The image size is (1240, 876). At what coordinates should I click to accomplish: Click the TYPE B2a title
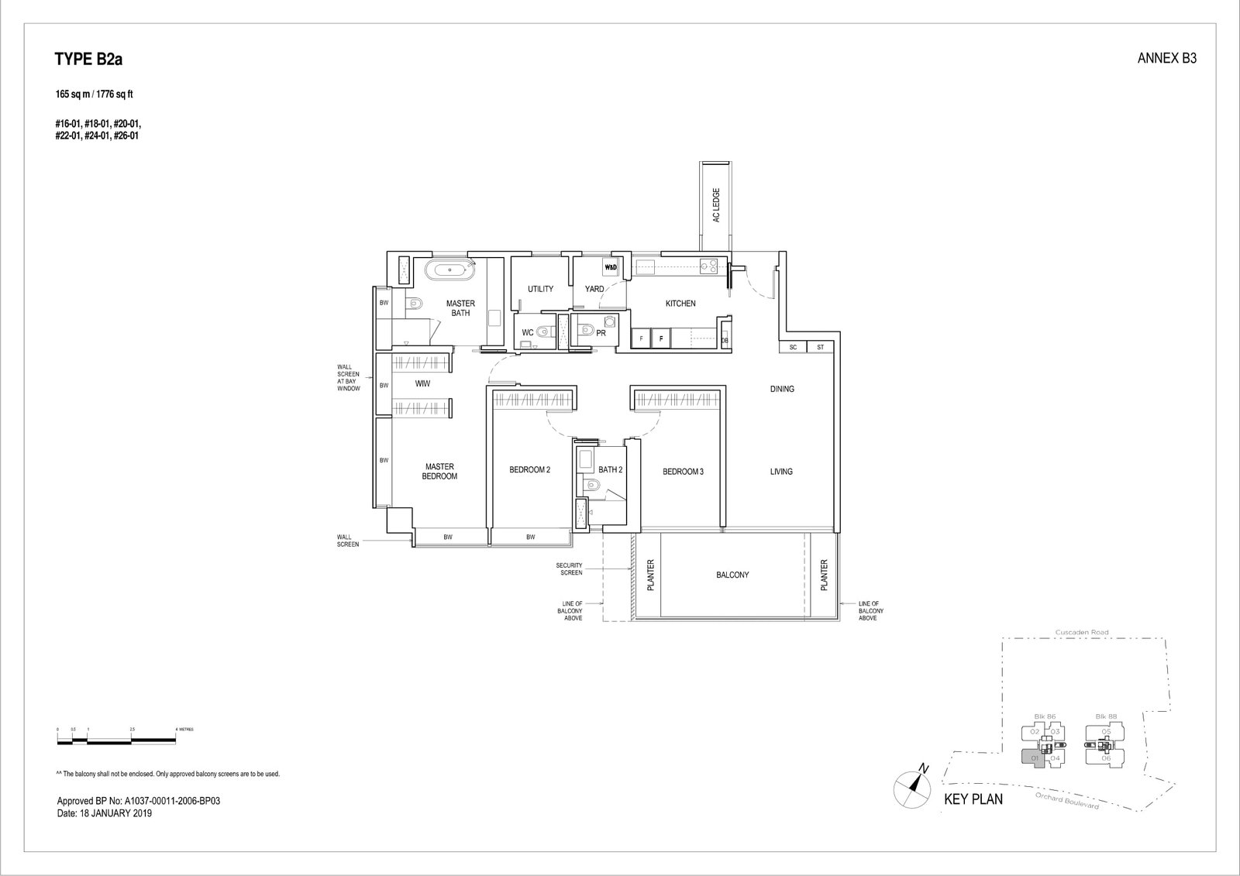tap(88, 60)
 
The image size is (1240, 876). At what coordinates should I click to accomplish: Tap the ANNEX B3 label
tap(1166, 59)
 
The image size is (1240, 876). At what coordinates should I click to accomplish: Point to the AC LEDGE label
tap(716, 205)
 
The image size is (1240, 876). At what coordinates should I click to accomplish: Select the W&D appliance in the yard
tap(610, 268)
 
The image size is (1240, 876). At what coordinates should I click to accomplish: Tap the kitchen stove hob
tap(708, 267)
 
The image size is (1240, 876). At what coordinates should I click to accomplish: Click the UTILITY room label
tap(540, 289)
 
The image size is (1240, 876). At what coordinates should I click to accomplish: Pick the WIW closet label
tap(422, 383)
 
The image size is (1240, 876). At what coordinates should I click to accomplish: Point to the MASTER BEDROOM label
tap(439, 471)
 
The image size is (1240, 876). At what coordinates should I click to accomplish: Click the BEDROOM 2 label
tap(529, 470)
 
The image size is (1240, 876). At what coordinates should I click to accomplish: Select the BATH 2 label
tap(610, 469)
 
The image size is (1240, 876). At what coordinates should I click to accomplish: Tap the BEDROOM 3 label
tap(682, 471)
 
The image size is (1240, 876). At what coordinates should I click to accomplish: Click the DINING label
tap(782, 389)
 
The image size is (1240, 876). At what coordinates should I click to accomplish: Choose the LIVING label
tap(781, 471)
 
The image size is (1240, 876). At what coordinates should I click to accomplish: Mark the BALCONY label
tap(732, 575)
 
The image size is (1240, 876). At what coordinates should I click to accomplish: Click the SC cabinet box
tap(793, 348)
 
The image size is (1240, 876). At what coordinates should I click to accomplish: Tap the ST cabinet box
tap(820, 348)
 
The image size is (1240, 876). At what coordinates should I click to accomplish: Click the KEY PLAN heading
tap(973, 799)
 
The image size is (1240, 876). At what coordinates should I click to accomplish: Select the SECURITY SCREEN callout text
tap(569, 569)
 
